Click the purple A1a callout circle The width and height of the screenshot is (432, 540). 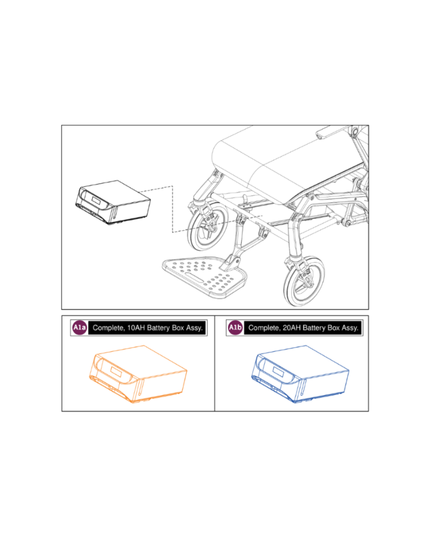80,328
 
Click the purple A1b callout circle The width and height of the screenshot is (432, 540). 235,328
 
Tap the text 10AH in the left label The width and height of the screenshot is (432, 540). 136,328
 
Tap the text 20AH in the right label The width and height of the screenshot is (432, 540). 292,328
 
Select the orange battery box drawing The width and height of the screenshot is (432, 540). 138,374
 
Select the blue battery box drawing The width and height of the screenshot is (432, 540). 300,374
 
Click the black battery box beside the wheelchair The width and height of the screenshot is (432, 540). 113,202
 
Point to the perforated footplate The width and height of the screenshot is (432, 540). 204,277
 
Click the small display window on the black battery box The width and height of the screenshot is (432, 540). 96,200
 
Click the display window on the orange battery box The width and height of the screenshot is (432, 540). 116,372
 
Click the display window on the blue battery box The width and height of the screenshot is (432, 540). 278,372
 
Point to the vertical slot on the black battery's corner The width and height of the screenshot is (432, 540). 115,212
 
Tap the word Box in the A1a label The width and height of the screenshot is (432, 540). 178,328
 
